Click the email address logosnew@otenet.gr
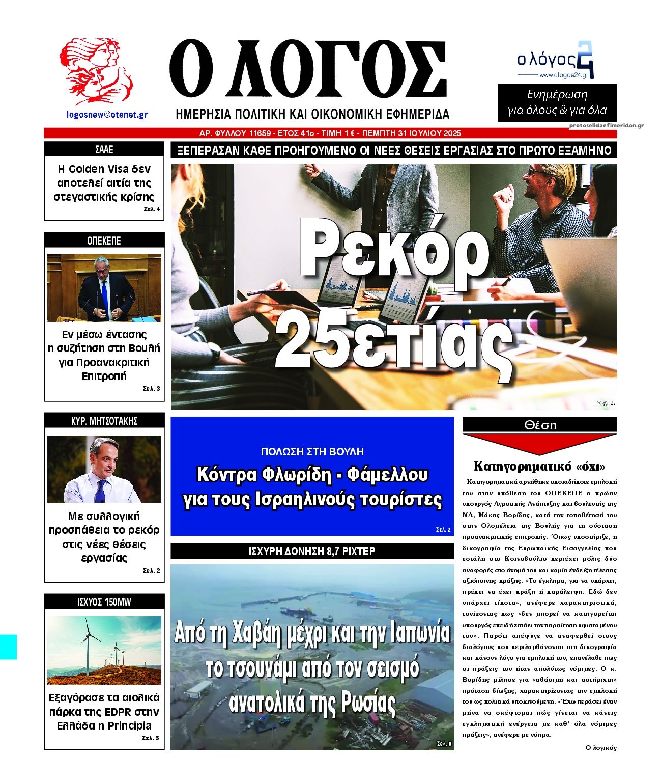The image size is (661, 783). pos(107,115)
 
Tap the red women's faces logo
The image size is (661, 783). pos(96,70)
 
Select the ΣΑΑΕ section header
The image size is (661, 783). pos(104,150)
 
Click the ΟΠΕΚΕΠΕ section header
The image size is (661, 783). pos(104,240)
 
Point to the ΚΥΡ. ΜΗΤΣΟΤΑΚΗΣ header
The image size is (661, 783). pos(104,421)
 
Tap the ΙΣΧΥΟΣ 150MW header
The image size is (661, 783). pos(104,602)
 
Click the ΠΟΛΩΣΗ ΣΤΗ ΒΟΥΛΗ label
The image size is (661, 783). pos(312,451)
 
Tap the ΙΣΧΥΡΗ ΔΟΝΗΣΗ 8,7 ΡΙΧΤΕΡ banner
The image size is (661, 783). pos(312,551)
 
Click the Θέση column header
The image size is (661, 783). pos(540,425)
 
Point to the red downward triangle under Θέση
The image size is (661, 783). pos(539,443)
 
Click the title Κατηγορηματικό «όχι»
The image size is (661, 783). pos(539,466)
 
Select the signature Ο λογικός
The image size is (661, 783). pos(600,748)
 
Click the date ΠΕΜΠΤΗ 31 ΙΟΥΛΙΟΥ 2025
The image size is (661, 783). pos(411,133)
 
